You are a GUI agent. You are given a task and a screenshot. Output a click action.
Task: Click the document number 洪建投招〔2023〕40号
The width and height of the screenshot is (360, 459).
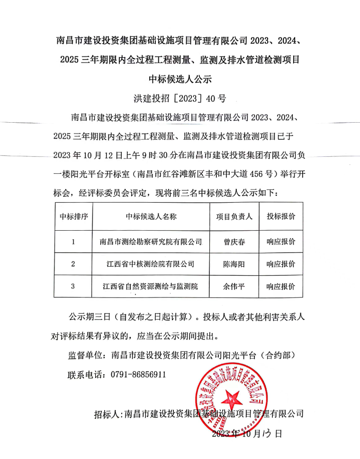pos(180,99)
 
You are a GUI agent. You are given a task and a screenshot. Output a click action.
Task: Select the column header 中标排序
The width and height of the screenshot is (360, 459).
pos(73,216)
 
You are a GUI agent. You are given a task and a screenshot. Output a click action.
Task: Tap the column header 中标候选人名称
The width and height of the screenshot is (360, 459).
pos(151,216)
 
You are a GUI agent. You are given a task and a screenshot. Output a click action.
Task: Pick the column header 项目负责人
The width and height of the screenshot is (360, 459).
pos(234,216)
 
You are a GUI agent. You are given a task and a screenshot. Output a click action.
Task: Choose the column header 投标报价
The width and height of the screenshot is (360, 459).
pos(280,216)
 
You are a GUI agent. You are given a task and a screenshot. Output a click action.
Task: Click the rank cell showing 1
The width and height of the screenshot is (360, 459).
pos(73,242)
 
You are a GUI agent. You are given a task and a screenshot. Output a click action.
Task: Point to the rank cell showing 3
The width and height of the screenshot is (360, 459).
pos(73,287)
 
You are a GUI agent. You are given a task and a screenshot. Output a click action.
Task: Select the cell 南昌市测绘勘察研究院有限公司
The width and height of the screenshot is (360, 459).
pos(151,242)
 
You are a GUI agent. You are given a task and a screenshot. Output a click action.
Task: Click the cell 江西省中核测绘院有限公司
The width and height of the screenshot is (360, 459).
pos(151,264)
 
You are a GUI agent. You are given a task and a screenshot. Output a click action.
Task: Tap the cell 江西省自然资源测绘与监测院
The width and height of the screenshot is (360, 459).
pos(151,287)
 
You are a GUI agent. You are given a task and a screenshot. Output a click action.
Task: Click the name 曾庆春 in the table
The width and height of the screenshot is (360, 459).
pos(234,242)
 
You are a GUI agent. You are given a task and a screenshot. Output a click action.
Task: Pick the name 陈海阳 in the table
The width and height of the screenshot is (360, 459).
pos(234,264)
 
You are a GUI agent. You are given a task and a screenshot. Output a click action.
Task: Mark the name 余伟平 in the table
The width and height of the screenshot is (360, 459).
pos(234,287)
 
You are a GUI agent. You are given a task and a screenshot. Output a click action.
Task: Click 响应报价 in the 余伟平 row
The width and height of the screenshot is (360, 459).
pos(280,287)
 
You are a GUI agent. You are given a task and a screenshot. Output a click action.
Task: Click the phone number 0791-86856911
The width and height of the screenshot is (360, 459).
pos(138,374)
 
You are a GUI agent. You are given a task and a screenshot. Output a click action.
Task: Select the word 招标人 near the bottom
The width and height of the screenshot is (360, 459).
pos(107,414)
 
